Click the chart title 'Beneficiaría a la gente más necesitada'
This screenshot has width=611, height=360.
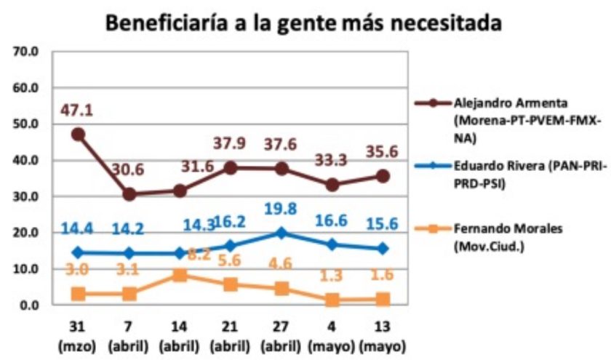coord(305,23)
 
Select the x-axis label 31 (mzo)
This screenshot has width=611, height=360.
coord(78,335)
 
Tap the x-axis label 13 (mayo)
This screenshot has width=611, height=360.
coord(382,335)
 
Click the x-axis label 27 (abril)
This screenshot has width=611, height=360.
coord(281,335)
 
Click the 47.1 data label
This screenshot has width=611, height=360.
coord(77,111)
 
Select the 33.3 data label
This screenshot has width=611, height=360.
coord(331,159)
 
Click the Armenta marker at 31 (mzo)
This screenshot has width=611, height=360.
coord(78,135)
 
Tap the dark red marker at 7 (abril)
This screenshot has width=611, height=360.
coord(129,194)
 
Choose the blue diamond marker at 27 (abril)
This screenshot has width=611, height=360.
coord(281,233)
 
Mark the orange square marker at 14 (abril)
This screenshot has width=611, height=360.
coord(179,275)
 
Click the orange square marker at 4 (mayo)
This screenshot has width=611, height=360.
coord(332,300)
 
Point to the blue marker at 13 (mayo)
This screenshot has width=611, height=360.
coord(382,249)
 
